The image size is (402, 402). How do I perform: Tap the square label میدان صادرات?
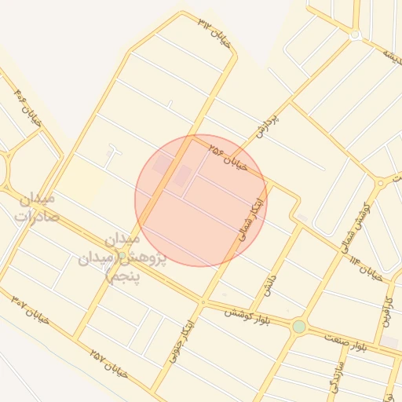tap(37, 207)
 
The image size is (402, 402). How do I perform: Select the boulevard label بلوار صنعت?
tap(350, 339)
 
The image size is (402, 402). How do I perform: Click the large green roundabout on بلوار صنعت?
tap(298, 326)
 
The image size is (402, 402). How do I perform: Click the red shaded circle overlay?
tap(201, 200)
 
